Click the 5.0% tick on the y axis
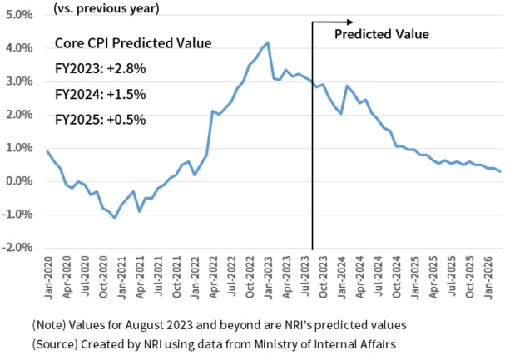pyautogui.click(x=17, y=15)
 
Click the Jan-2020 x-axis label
pyautogui.click(x=48, y=273)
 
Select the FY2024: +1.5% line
pyautogui.click(x=100, y=94)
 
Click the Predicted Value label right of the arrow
pyautogui.click(x=381, y=35)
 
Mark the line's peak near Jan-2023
pyautogui.click(x=267, y=42)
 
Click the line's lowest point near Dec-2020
pyautogui.click(x=114, y=217)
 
